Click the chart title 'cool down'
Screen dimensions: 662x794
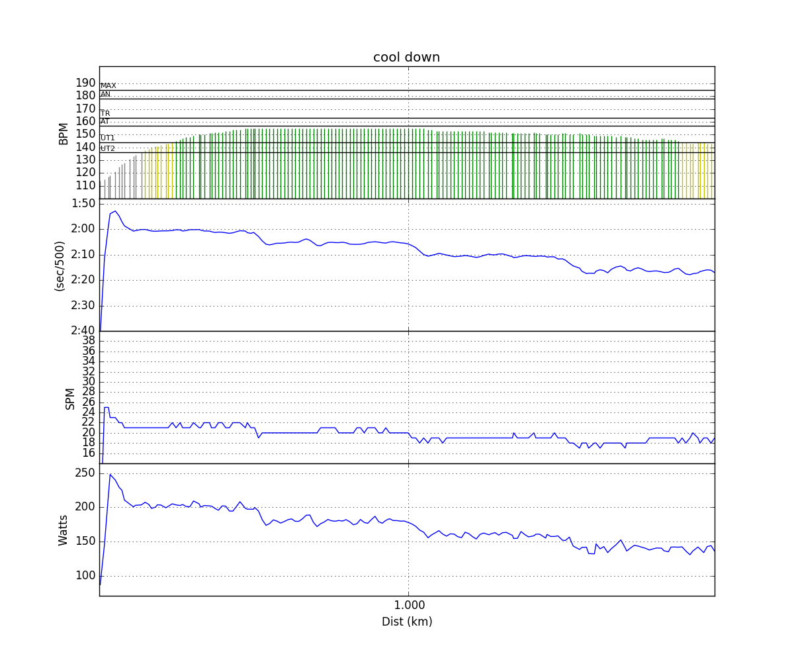click(406, 58)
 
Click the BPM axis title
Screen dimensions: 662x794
click(64, 133)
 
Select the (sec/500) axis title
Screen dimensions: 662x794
click(60, 265)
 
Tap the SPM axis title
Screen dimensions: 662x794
click(70, 398)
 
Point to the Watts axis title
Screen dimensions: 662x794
click(64, 530)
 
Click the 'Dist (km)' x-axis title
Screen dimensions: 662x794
click(406, 622)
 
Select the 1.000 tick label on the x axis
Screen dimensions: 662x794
click(409, 605)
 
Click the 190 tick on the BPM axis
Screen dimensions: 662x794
click(85, 83)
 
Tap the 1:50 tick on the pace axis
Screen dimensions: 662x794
click(83, 203)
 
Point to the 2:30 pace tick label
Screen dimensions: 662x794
click(83, 305)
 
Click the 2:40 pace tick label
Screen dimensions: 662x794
click(83, 330)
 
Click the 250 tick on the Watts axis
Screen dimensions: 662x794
click(85, 473)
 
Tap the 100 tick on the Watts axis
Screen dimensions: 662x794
click(85, 575)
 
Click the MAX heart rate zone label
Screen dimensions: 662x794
click(109, 86)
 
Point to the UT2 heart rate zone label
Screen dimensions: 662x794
click(108, 149)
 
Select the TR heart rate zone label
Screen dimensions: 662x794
click(105, 114)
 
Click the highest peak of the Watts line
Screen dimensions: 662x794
click(110, 474)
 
